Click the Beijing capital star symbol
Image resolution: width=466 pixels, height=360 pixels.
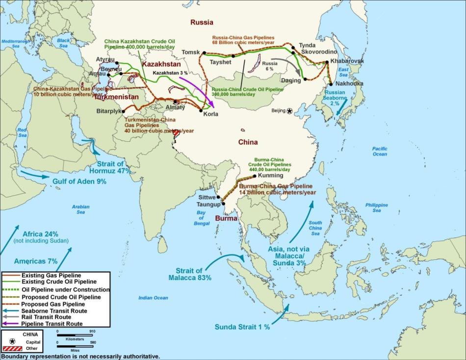289,111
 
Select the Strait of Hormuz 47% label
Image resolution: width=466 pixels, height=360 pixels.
110,167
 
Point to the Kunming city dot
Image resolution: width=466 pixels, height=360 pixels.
254,176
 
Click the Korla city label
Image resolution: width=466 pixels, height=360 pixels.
210,114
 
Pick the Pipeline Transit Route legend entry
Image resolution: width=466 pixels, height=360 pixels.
52,324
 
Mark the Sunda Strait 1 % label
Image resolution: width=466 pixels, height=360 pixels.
242,327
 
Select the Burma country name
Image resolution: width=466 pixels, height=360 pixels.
226,218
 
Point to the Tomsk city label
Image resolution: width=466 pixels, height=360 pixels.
191,52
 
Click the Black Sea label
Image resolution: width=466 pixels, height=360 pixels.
64,43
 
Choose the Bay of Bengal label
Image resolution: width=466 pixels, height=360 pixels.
200,218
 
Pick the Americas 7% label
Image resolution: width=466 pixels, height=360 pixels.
36,261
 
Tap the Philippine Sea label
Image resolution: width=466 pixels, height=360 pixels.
376,207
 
